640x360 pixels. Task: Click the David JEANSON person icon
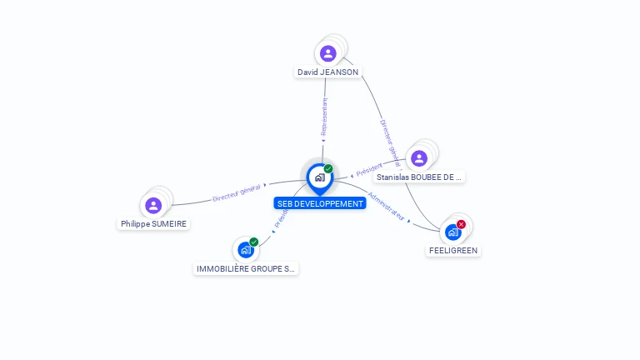(328, 53)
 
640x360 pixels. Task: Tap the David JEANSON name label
(328, 72)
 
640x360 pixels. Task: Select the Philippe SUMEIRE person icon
(153, 205)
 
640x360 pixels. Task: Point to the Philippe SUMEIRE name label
(154, 224)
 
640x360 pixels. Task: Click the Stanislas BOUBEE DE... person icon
(419, 158)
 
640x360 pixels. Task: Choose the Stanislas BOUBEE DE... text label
(419, 177)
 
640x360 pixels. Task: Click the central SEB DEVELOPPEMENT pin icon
(320, 177)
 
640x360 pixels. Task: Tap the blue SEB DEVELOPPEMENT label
(320, 203)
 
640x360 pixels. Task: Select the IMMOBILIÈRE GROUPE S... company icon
(245, 250)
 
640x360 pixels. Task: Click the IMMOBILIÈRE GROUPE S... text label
(245, 269)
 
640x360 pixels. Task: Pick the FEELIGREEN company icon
(452, 232)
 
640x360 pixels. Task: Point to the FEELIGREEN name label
(453, 250)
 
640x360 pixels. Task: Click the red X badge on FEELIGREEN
(461, 224)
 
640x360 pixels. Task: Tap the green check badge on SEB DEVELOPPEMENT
(328, 169)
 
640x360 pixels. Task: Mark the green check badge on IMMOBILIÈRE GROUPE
(254, 242)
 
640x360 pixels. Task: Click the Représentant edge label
(324, 117)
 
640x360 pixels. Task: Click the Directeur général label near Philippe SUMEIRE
(237, 193)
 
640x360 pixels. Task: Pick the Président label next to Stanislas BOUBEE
(368, 170)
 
